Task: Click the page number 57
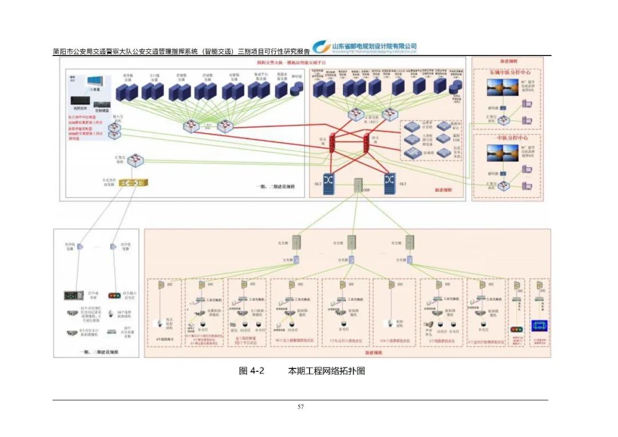(x=300, y=407)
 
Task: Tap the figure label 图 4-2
(x=251, y=371)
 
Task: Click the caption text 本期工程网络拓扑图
(x=326, y=371)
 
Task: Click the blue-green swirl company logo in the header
(x=322, y=47)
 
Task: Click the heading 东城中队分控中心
(x=509, y=73)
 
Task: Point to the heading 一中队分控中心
(x=509, y=137)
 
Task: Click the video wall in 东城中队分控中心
(x=502, y=88)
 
